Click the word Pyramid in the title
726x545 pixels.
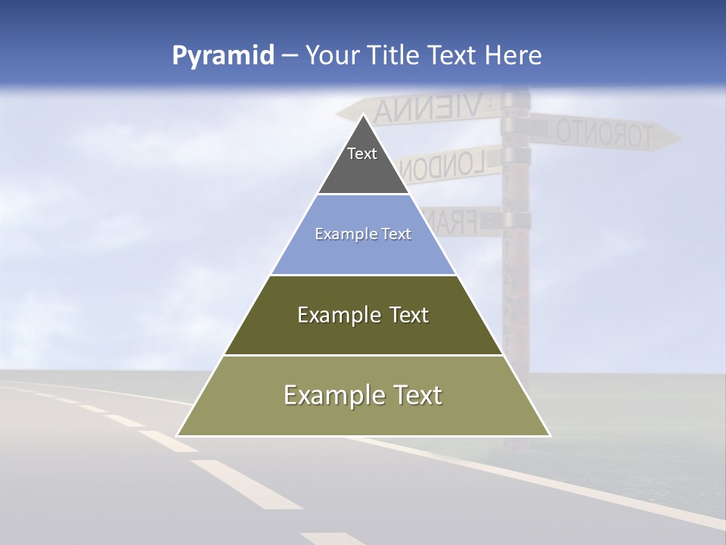(222, 56)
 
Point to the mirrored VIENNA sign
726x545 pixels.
(427, 108)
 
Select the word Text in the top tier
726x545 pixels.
(362, 154)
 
